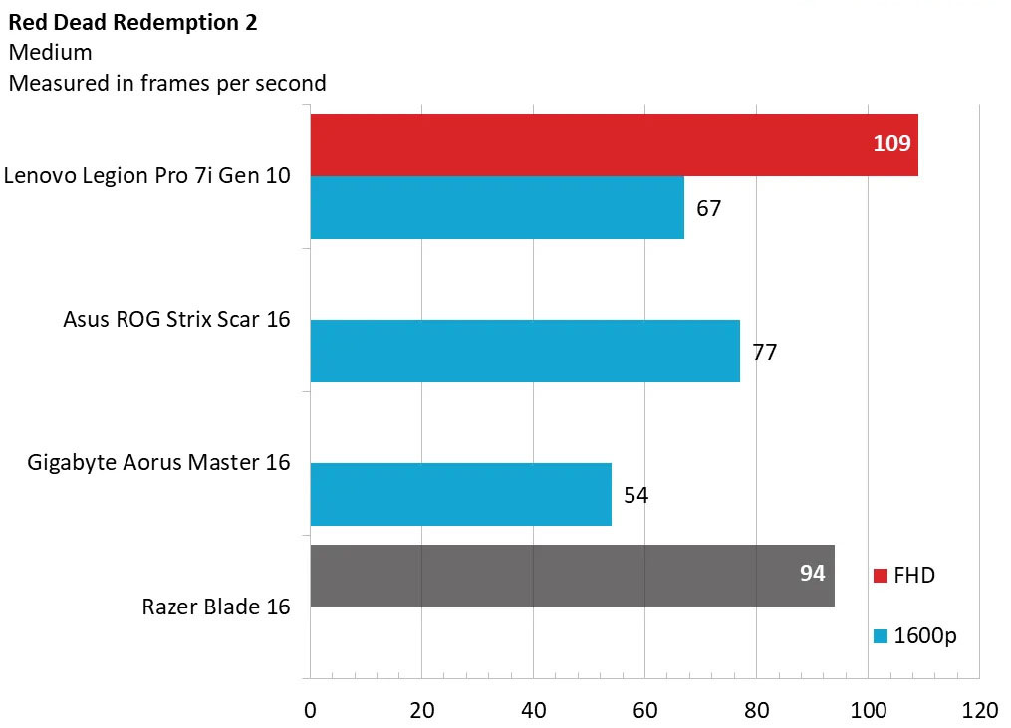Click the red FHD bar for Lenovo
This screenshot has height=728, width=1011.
[x=598, y=144]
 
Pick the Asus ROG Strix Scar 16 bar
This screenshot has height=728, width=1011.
[x=524, y=351]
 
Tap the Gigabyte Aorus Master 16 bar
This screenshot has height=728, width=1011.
[x=460, y=494]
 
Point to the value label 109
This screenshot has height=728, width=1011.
[x=891, y=144]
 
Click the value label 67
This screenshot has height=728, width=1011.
[x=708, y=209]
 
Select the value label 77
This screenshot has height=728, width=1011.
[x=764, y=352]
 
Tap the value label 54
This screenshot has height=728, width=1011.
[x=635, y=495]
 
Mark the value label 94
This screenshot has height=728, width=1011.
[x=813, y=573]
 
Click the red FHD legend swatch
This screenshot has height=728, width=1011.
[x=880, y=576]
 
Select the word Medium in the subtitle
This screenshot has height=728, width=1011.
[x=50, y=53]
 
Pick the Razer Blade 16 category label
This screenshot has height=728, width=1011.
[x=216, y=607]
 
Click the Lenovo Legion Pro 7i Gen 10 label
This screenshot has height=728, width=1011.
[x=147, y=176]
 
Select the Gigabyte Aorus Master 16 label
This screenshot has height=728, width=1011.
[x=159, y=463]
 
